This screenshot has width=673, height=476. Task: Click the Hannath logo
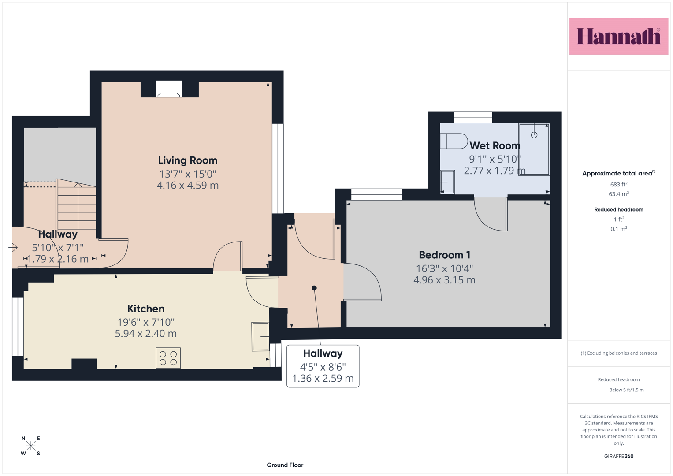(x=619, y=36)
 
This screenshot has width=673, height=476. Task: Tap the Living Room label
(x=188, y=160)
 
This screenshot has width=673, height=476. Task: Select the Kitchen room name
(x=146, y=309)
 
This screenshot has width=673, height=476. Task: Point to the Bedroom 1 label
(x=444, y=255)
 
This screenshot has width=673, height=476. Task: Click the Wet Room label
(x=495, y=146)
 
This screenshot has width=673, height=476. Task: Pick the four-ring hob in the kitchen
(x=168, y=358)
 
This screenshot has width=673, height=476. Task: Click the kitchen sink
(x=260, y=337)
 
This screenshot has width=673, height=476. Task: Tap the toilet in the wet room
(x=454, y=141)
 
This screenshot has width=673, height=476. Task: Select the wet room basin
(x=447, y=182)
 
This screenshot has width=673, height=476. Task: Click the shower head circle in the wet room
(x=534, y=135)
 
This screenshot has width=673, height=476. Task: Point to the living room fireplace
(x=169, y=89)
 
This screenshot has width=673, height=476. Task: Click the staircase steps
(x=77, y=205)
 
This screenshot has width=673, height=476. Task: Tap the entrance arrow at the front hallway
(x=13, y=248)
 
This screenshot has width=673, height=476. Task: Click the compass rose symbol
(x=31, y=446)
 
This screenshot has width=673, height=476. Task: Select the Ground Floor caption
(x=285, y=465)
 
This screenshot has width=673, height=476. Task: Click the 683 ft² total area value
(x=619, y=184)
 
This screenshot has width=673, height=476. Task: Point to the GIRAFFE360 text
(x=619, y=456)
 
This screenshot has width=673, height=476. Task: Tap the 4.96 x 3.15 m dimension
(x=444, y=280)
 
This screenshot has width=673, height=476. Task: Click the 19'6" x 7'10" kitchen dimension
(x=146, y=322)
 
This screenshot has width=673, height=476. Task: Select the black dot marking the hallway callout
(x=314, y=288)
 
